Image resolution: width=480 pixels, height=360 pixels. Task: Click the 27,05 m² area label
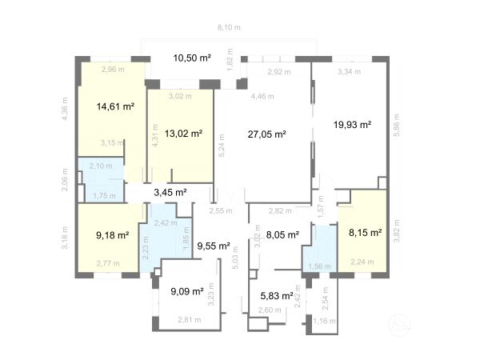point(269,135)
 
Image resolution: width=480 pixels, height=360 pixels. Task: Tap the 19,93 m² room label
point(352,124)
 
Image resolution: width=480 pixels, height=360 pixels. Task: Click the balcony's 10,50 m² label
point(192,58)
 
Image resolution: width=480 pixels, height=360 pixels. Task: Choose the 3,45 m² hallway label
point(170,192)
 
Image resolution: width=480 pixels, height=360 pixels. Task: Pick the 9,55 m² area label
point(214,246)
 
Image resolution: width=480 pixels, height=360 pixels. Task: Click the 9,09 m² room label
point(187,291)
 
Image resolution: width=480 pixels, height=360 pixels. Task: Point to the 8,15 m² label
point(366,234)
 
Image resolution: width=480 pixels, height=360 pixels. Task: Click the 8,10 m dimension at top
point(229,28)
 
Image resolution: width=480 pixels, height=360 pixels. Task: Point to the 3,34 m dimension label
point(350,72)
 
